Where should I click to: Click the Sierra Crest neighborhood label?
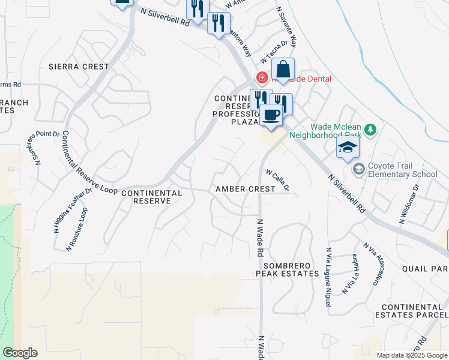[x=88, y=67]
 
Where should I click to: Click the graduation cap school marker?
[x=348, y=148]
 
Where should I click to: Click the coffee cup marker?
[x=271, y=115]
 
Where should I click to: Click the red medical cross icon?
[x=262, y=77]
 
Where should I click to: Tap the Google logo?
[x=20, y=353]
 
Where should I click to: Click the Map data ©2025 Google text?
[x=412, y=355]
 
